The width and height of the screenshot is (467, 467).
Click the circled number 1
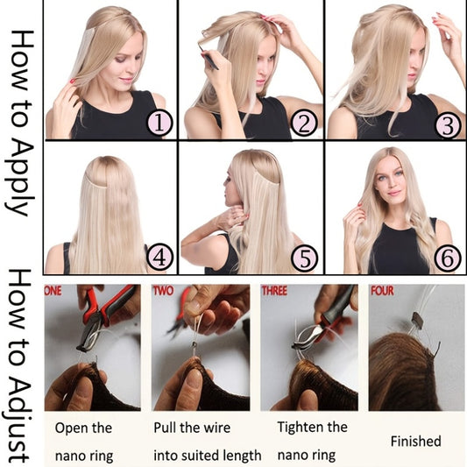(159, 124)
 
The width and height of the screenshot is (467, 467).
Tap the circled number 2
(303, 124)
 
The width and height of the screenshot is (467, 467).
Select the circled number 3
(448, 124)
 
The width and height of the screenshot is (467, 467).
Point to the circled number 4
(159, 257)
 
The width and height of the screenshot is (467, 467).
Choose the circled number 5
(303, 257)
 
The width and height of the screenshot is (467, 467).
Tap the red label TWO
(164, 290)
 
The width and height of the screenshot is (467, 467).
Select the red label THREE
(278, 290)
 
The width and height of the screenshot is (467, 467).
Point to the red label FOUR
(383, 290)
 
